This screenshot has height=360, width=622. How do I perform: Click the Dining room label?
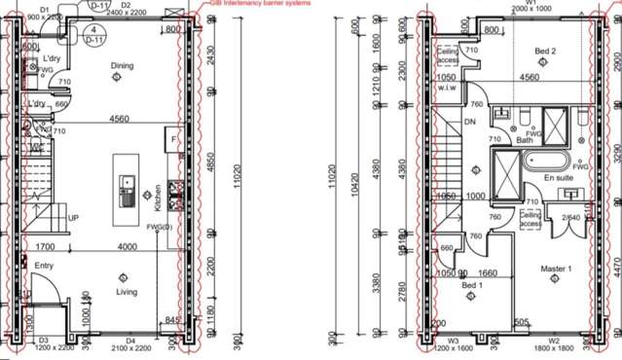[x=122, y=66]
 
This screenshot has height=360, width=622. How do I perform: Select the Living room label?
[x=127, y=291]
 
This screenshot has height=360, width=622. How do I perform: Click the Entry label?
[x=45, y=265]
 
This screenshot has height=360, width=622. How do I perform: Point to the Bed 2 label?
[x=545, y=51]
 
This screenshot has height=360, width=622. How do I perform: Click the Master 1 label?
[x=556, y=269]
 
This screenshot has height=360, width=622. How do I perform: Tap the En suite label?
[x=557, y=179]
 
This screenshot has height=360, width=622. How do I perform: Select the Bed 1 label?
[x=472, y=284]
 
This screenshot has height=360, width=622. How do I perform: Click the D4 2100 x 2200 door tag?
[x=128, y=344]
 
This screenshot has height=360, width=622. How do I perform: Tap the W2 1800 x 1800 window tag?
[x=553, y=344]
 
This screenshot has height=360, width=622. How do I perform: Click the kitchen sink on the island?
[x=128, y=183]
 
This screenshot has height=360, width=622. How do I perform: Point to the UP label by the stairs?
[x=73, y=218]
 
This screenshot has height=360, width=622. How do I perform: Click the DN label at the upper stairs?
[x=470, y=123]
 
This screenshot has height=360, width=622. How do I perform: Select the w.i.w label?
[x=448, y=87]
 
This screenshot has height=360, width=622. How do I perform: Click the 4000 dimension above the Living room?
[x=128, y=247]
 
